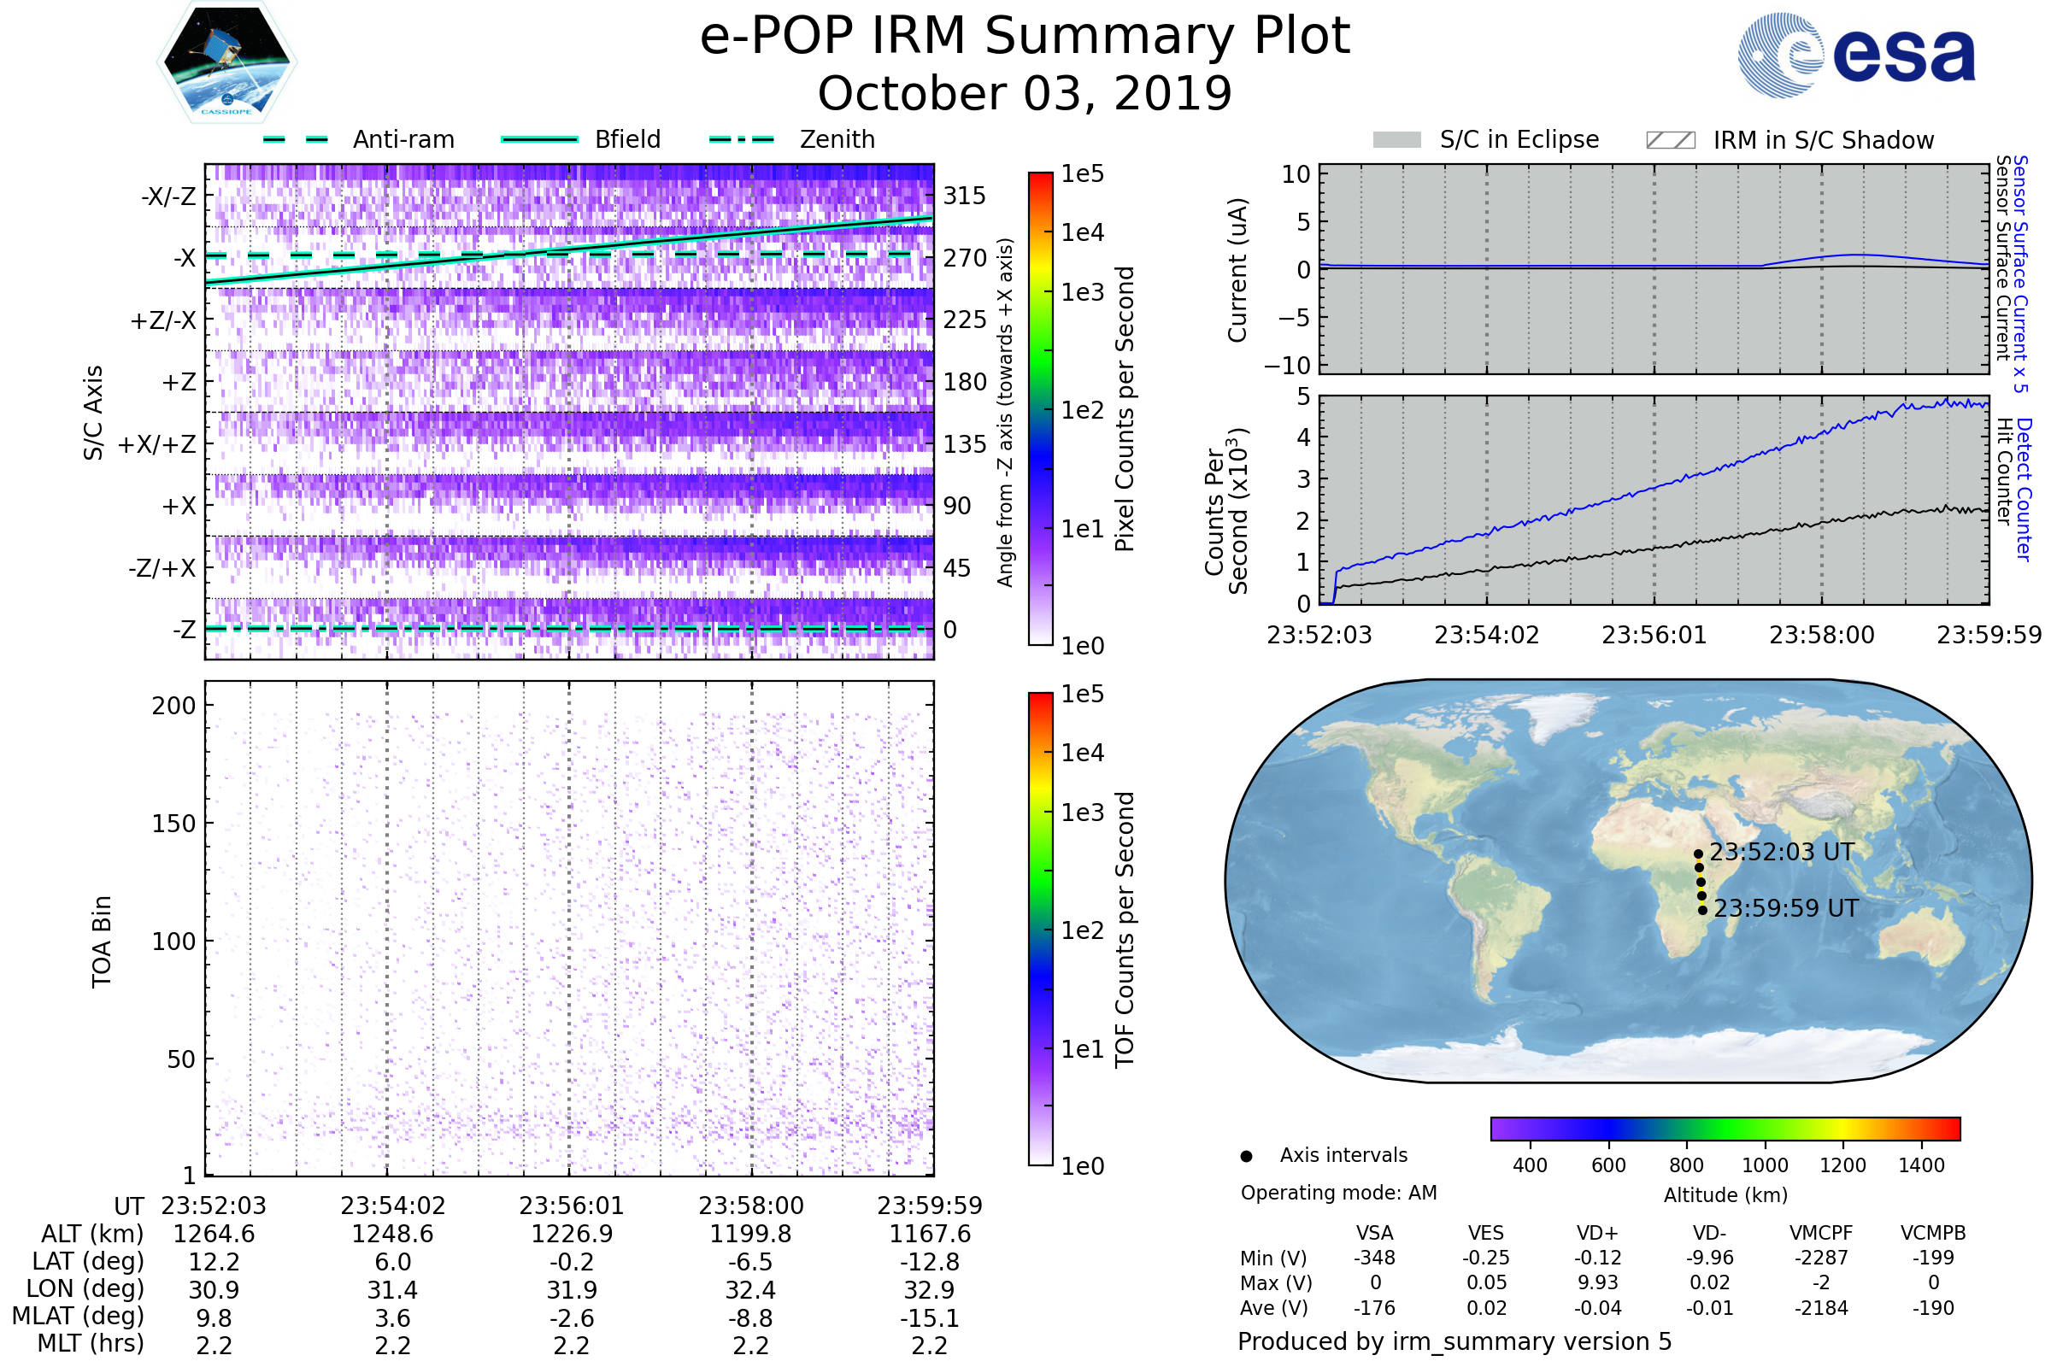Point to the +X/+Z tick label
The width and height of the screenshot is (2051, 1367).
(157, 444)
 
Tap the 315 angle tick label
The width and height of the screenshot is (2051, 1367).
(964, 196)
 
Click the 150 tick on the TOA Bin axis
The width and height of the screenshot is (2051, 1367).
(173, 824)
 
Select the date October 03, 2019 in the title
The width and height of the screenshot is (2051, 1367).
(1025, 93)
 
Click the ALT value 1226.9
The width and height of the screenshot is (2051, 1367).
(572, 1234)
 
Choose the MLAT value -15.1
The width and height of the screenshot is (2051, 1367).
(930, 1317)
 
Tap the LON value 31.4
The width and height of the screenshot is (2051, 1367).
(392, 1289)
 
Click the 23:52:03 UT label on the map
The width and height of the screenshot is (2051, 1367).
(1782, 852)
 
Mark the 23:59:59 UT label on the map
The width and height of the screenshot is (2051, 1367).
(1786, 908)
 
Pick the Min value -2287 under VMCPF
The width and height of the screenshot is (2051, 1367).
(1821, 1258)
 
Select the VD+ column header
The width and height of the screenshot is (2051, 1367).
(1596, 1233)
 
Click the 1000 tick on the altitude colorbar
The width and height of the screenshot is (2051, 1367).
(1764, 1165)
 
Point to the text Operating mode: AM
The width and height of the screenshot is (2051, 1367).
(1338, 1193)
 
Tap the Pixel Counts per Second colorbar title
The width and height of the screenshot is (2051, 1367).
(1125, 408)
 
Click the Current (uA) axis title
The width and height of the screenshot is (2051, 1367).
(1237, 270)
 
